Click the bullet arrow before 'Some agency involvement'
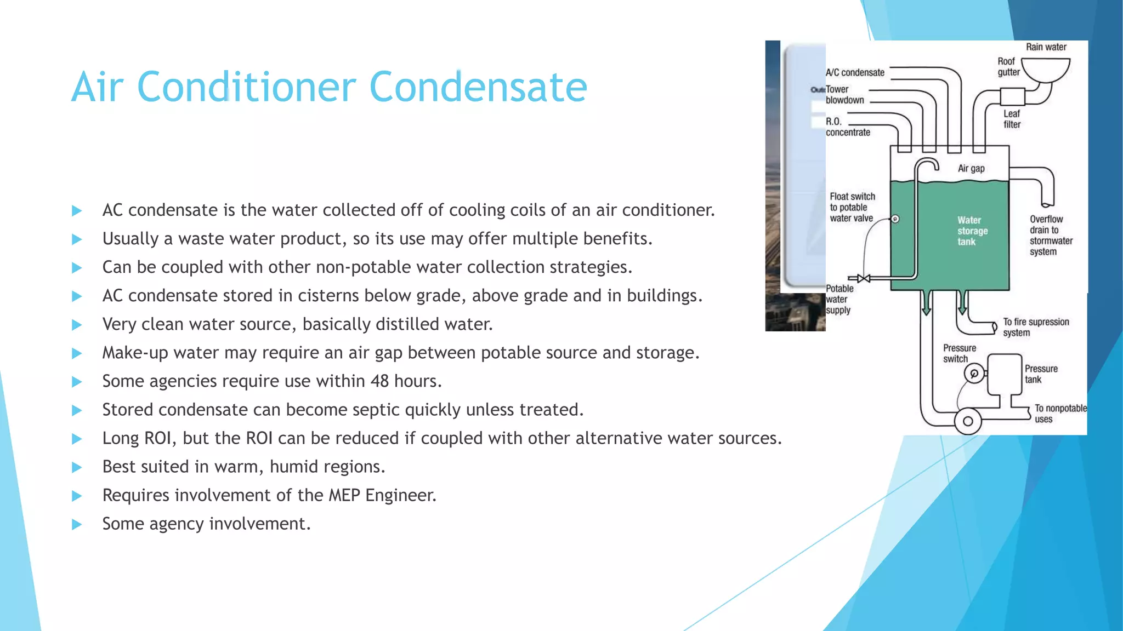[x=77, y=524]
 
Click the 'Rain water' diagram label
[x=1046, y=47]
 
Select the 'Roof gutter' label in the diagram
[x=1008, y=67]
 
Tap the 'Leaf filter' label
[x=1012, y=119]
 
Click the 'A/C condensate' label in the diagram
[x=855, y=72]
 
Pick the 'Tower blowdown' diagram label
[x=845, y=95]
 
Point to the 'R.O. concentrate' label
[x=848, y=127]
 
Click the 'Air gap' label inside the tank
[x=971, y=169]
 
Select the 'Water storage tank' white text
[x=972, y=231]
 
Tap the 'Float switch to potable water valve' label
[x=852, y=208]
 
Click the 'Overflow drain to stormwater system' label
[x=1051, y=236]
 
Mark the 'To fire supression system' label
[x=1036, y=327]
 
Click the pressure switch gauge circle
[x=974, y=374]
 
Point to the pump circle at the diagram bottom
[x=968, y=421]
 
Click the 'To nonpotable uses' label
[x=1060, y=414]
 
